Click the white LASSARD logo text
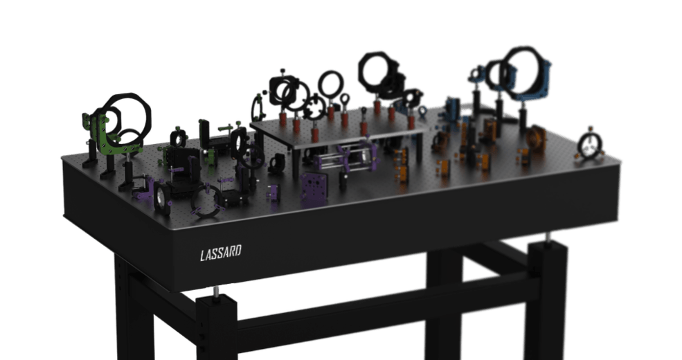coord(220,253)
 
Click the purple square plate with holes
coord(314,188)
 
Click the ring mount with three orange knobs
coord(590,145)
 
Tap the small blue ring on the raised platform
coord(422,111)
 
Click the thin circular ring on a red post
coord(331,84)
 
